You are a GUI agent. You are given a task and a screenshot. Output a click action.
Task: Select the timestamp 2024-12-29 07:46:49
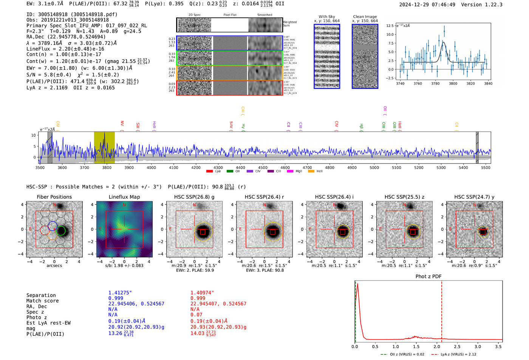[427, 5]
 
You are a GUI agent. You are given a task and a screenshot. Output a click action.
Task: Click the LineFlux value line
[65, 49]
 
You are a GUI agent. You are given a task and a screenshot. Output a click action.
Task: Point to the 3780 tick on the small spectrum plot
[435, 83]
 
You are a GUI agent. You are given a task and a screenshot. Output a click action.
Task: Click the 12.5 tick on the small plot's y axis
[390, 26]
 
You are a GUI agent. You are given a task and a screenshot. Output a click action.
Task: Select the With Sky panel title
[326, 17]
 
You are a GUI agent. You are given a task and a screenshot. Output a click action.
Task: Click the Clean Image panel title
[365, 17]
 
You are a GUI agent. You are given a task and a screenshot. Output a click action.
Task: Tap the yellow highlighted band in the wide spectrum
[104, 147]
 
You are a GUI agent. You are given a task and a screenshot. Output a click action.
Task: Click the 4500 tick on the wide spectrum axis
[263, 168]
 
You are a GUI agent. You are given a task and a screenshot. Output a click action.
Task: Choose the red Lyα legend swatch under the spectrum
[209, 172]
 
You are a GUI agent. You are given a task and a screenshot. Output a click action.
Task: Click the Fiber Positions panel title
[54, 197]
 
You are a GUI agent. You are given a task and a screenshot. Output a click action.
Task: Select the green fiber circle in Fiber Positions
[61, 231]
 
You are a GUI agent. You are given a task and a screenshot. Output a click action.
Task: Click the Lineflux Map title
[124, 197]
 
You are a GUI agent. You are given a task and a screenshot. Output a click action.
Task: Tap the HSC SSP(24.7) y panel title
[474, 197]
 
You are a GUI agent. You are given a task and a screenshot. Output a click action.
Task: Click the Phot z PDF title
[428, 277]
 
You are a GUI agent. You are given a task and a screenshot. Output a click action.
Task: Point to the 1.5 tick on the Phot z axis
[416, 346]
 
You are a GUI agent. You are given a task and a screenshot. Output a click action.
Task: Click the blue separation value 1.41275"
[120, 293]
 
